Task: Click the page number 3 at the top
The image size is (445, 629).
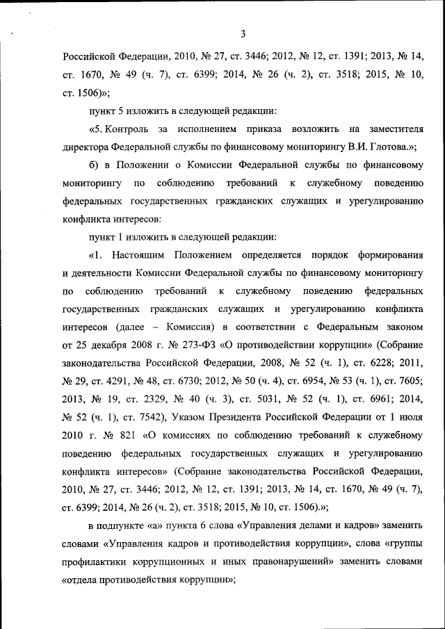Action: (243, 33)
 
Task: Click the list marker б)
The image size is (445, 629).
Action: (94, 165)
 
